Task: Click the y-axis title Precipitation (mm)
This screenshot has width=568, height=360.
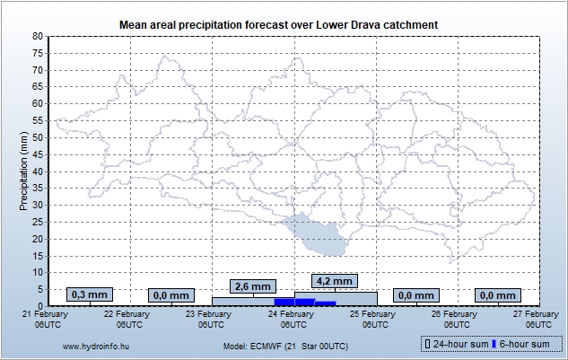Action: pos(23,171)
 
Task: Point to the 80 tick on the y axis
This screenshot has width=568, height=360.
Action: pos(37,36)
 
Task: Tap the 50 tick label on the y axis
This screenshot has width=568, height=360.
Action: pos(37,137)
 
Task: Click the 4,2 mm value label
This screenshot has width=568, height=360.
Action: pos(334,280)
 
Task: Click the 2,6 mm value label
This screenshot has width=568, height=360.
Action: pos(251,286)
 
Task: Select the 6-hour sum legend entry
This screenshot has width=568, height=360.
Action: pos(524,345)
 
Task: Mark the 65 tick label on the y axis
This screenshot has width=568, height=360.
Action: pos(37,87)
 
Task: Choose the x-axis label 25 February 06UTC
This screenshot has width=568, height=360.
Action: pos(372,319)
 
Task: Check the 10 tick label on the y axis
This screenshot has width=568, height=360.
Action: pos(37,273)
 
